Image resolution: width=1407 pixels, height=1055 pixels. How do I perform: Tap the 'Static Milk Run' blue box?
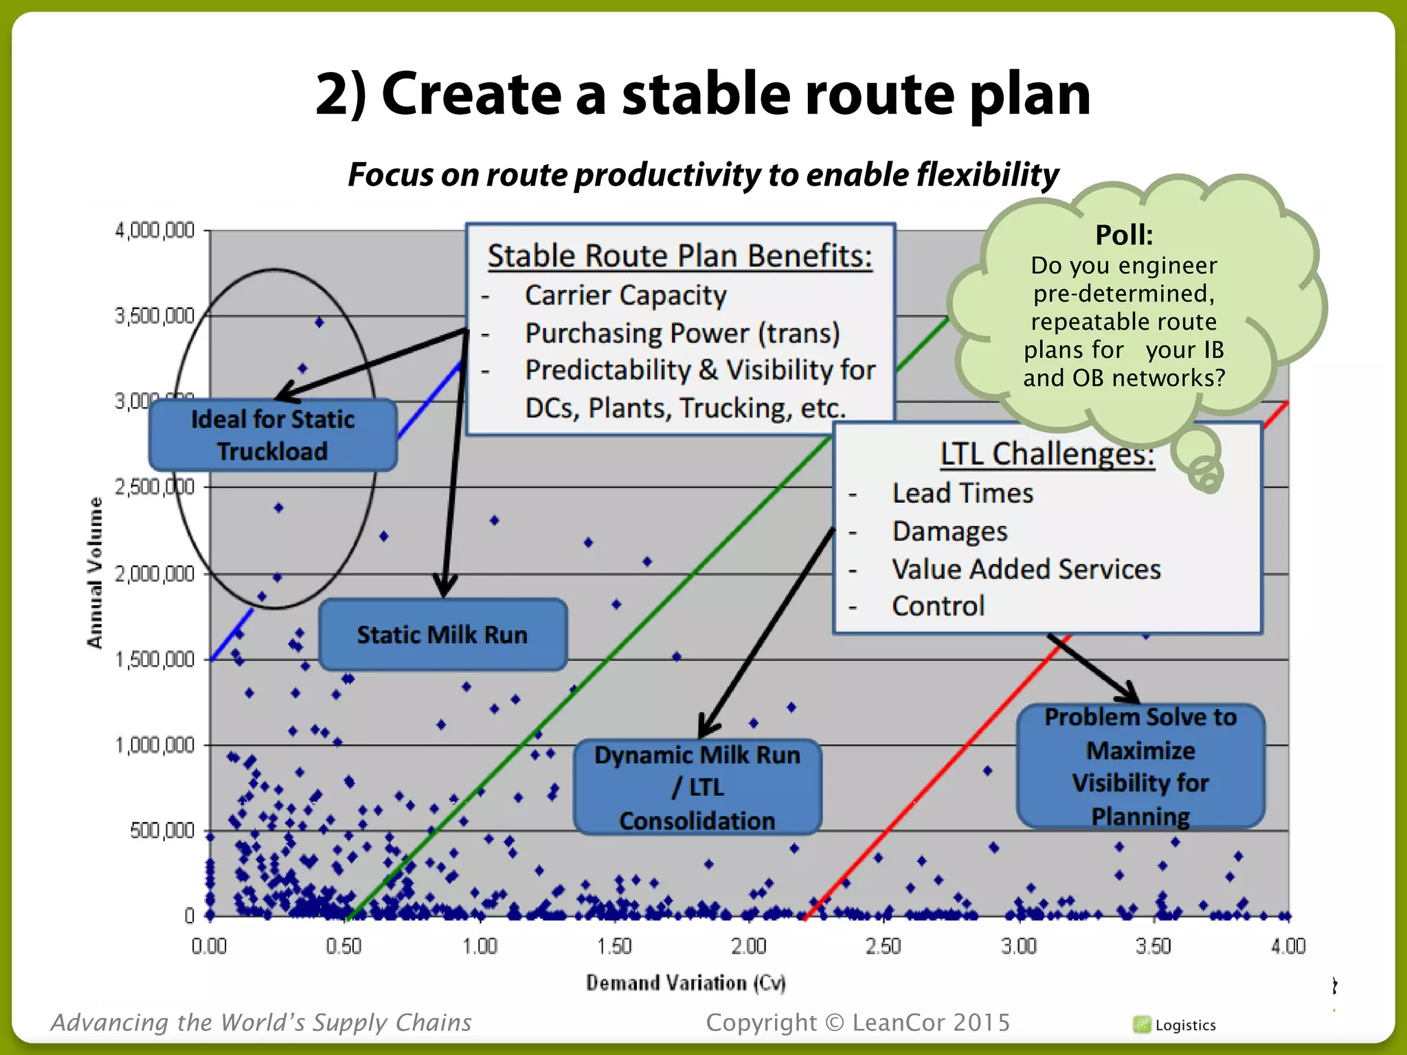pos(442,635)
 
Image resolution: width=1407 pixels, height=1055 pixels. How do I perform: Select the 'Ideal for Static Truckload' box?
pos(273,435)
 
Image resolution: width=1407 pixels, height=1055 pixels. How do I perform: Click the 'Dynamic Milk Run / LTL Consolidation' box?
pos(697,787)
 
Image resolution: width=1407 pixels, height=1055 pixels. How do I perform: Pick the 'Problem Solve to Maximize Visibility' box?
pos(1140,767)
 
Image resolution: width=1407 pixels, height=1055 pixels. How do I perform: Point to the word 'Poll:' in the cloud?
pos(1124,235)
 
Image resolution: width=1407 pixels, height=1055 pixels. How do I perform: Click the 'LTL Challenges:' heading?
pos(1047,454)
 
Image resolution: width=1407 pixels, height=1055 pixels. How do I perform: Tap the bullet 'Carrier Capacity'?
pos(625,295)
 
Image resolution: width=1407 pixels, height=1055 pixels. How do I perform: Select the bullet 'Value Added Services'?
pos(1026,569)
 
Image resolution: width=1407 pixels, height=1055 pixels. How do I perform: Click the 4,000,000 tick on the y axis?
pos(155,230)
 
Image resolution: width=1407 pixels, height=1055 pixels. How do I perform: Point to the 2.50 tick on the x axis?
pos(883,946)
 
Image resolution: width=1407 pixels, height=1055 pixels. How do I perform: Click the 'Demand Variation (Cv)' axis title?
pos(685,983)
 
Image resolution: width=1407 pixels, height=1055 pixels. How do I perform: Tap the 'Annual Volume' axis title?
pos(95,572)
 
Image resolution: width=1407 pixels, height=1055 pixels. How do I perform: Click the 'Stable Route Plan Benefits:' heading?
pos(679,256)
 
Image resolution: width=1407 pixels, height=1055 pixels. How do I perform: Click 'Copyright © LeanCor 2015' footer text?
pos(858,1023)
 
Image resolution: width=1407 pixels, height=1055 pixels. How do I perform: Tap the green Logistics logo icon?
pos(1142,1025)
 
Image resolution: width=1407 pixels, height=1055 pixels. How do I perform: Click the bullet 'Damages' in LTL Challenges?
pos(949,532)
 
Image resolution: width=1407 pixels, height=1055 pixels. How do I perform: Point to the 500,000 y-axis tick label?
pos(162,831)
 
